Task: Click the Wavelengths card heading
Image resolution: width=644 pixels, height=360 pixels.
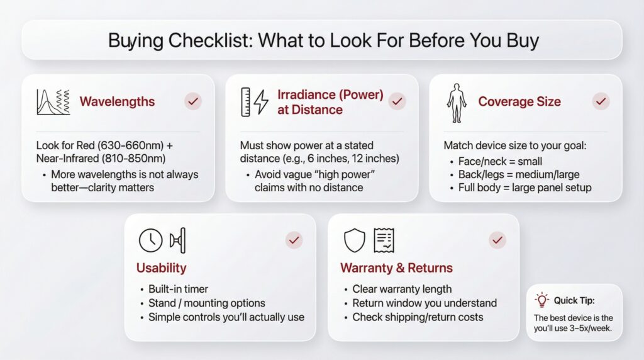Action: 117,101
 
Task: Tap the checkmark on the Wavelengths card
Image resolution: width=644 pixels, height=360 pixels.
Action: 193,101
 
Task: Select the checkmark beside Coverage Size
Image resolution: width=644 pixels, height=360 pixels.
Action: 601,101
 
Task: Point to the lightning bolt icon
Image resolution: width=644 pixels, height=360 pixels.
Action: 261,102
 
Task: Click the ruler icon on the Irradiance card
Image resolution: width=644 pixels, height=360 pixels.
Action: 246,102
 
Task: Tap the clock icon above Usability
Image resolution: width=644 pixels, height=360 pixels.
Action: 151,240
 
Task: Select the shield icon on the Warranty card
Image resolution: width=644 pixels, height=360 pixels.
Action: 354,240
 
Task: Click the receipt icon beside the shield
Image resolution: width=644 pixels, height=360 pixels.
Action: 384,240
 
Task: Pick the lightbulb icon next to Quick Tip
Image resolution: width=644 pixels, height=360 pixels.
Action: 541,300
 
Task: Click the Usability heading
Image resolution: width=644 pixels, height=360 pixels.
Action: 161,268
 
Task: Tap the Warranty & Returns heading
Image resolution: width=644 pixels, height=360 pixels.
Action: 396,268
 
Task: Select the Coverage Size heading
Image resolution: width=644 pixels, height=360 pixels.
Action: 519,101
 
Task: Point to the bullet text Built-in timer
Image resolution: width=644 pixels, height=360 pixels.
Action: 179,289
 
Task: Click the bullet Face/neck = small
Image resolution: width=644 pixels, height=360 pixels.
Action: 500,160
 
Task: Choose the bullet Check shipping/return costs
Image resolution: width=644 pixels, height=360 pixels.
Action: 417,317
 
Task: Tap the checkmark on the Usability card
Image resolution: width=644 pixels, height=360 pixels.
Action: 294,239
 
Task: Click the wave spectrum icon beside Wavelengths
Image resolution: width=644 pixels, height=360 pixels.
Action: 53,101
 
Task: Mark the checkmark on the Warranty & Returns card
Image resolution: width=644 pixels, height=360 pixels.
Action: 497,239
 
